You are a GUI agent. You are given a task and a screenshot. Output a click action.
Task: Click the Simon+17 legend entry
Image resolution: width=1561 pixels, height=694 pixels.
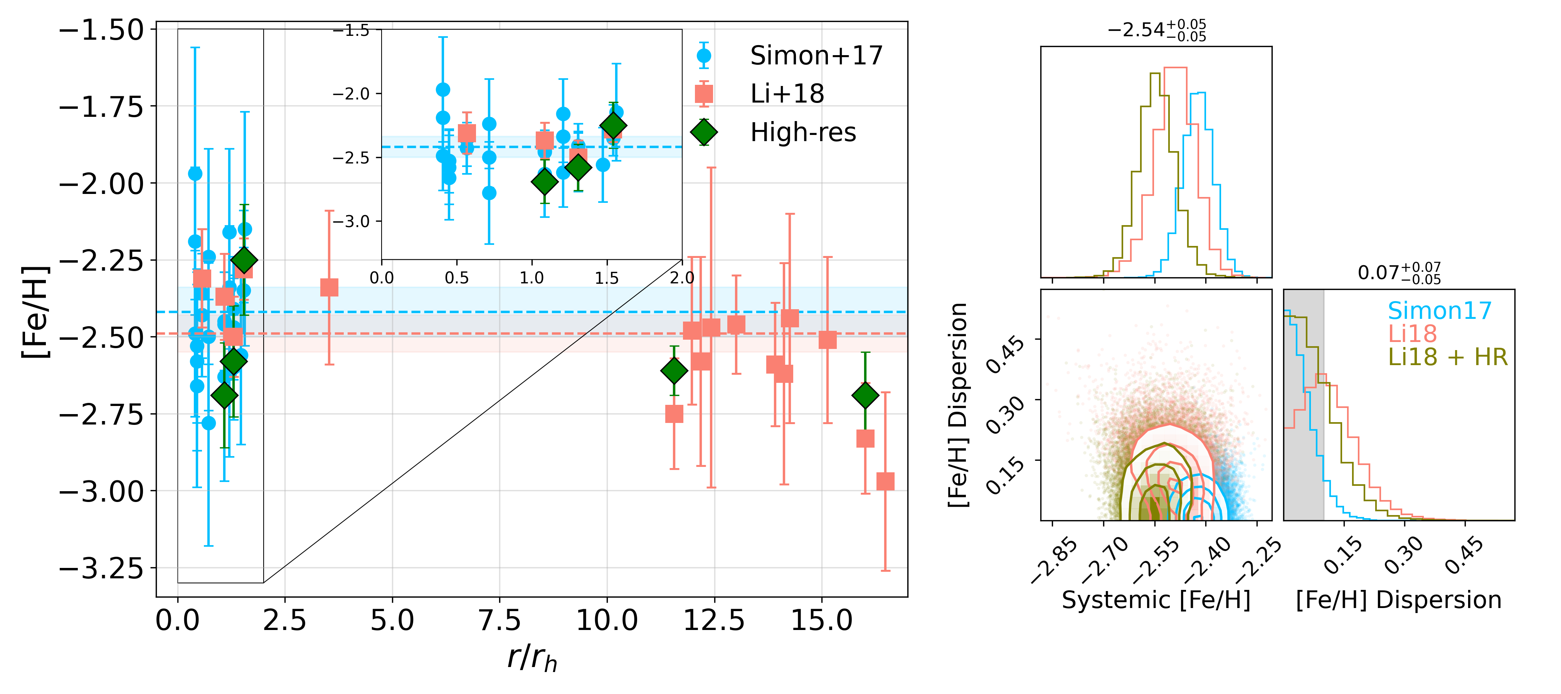[816, 56]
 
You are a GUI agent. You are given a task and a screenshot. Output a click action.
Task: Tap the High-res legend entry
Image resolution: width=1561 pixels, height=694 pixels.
[803, 132]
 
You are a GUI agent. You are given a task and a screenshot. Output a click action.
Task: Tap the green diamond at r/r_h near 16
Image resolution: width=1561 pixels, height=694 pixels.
[865, 395]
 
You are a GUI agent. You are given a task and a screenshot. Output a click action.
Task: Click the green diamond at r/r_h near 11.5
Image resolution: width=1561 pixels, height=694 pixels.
[674, 371]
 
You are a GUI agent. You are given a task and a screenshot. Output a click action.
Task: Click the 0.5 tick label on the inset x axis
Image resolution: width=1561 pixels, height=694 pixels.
[456, 278]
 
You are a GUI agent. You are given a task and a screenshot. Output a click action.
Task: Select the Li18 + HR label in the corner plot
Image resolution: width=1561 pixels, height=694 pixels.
[1447, 358]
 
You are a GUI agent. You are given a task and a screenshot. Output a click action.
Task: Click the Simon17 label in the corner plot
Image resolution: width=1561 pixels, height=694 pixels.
[1439, 311]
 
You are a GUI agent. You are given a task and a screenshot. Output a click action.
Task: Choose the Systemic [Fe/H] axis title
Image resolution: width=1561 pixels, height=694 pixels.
[1156, 600]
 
